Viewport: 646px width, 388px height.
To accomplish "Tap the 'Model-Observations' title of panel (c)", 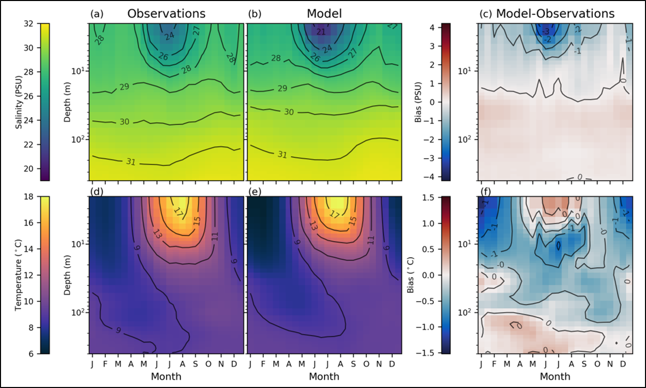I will point(555,14).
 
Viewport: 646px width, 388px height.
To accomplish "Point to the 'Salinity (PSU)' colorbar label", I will point(19,102).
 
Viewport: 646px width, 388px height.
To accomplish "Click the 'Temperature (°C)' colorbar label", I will point(19,275).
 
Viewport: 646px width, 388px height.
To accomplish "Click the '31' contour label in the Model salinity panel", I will point(282,154).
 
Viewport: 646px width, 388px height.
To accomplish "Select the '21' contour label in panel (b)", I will point(321,32).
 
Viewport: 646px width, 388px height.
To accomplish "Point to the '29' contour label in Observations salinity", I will point(124,87).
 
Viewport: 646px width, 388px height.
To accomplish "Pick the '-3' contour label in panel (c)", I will point(546,32).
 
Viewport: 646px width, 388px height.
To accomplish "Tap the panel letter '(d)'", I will point(96,192).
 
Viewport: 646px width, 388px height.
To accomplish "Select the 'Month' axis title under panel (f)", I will point(555,376).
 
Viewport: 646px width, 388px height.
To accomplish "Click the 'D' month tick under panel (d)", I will point(234,363).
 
